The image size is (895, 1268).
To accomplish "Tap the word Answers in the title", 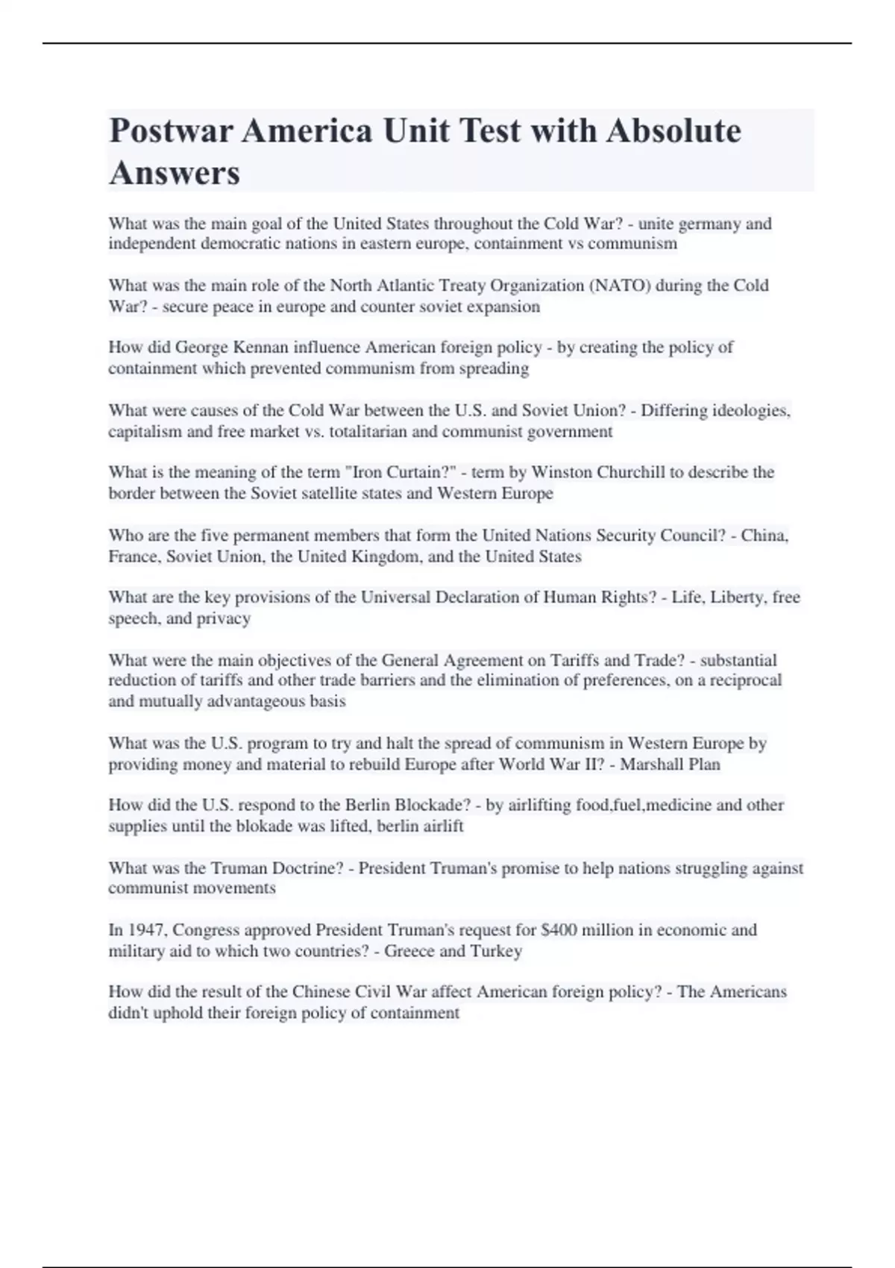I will pyautogui.click(x=175, y=173).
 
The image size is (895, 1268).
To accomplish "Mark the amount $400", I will pyautogui.click(x=559, y=930).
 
